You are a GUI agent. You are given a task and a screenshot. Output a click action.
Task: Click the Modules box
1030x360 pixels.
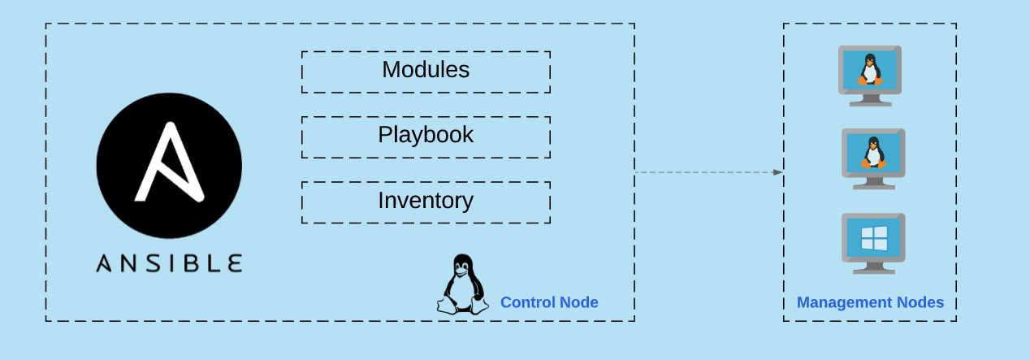click(426, 72)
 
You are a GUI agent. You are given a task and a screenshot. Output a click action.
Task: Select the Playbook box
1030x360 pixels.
click(426, 137)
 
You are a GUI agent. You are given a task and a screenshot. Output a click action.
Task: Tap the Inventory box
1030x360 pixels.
click(426, 202)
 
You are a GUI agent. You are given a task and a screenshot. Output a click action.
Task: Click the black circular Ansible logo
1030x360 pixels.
click(169, 165)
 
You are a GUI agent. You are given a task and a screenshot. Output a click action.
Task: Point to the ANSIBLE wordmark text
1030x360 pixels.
click(169, 262)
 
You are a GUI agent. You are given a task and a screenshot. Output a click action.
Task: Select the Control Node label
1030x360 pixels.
click(549, 302)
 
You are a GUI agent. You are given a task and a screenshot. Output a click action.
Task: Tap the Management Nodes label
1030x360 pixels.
click(870, 302)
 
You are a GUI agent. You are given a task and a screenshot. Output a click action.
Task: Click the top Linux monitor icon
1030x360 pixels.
click(870, 75)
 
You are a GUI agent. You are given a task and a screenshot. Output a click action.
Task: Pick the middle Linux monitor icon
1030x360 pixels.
click(873, 158)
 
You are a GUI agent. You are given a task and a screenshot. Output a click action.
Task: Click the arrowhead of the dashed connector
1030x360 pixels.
click(778, 172)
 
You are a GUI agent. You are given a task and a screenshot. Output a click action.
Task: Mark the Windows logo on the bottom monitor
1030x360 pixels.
click(874, 238)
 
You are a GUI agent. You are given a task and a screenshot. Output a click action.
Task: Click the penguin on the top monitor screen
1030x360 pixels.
click(870, 69)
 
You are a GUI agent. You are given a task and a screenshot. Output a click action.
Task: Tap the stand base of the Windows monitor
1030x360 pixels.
click(874, 271)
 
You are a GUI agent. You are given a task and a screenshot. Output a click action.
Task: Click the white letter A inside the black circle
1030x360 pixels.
click(168, 163)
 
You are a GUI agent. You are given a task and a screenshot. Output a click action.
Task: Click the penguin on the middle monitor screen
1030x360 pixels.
click(873, 153)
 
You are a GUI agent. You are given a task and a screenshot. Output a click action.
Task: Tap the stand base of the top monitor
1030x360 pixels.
click(870, 103)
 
